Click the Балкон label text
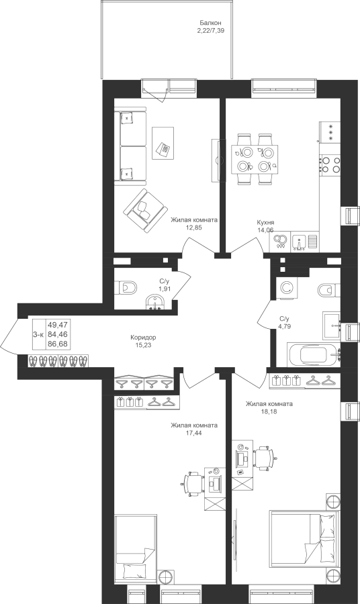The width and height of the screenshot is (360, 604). coord(210,23)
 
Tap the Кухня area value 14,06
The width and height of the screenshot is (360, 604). coord(265,230)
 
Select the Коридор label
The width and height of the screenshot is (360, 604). coord(143,338)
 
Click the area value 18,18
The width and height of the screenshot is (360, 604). coord(269,411)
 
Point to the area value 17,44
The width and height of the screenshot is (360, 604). coord(194,433)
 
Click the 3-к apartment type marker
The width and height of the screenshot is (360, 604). coord(38,335)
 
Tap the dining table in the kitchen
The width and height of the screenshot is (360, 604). coord(255,158)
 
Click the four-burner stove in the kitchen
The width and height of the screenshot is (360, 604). coord(330,164)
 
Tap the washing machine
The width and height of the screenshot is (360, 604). coord(286,288)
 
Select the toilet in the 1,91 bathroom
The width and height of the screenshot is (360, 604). coord(126,288)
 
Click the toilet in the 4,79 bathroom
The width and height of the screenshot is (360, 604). coord(330,289)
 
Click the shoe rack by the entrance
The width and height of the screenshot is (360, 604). coord(58,361)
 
